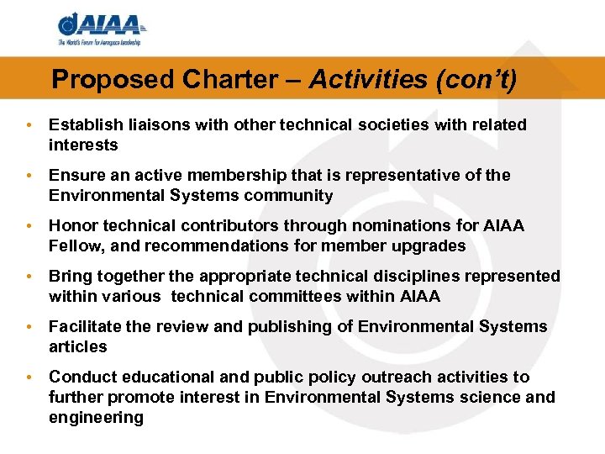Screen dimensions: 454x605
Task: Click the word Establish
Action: (83, 125)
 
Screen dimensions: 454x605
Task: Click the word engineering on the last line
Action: (96, 418)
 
